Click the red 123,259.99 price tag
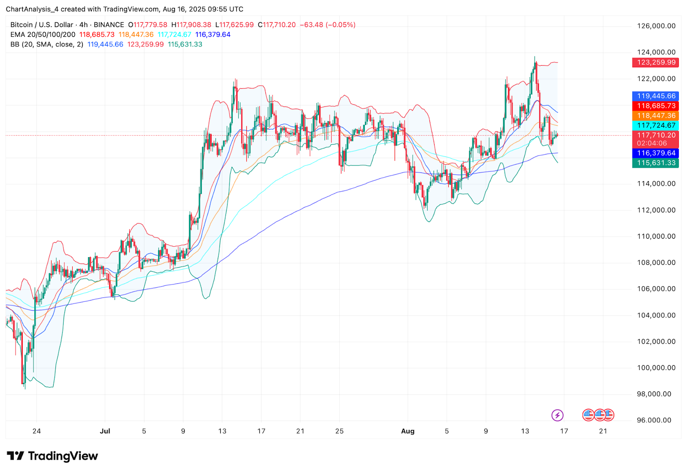(656, 63)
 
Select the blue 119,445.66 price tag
(656, 96)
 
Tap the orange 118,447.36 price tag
(656, 116)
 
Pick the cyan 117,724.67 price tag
(656, 125)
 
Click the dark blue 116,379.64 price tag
(656, 153)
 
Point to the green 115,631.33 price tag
(656, 163)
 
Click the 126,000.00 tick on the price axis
(656, 26)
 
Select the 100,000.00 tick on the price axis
(656, 368)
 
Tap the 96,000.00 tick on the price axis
(654, 420)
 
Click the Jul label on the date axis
(105, 431)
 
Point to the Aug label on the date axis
(407, 431)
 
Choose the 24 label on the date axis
(36, 431)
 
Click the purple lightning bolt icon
(557, 415)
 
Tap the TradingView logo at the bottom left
(52, 456)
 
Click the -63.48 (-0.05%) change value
(327, 25)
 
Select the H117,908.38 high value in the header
(191, 25)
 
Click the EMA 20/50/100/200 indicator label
(43, 35)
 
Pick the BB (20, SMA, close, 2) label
(47, 45)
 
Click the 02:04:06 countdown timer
(652, 143)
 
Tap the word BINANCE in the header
(109, 25)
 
